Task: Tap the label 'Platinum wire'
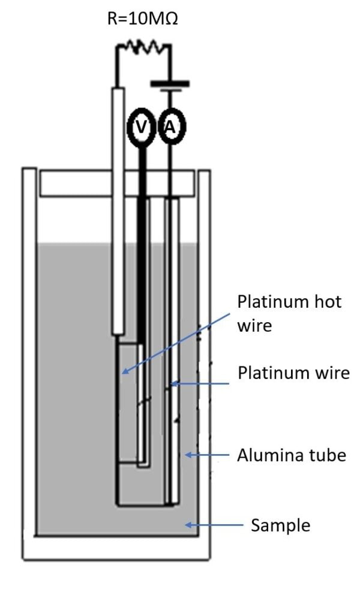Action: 293,372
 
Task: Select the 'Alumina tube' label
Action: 292,455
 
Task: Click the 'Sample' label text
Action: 280,525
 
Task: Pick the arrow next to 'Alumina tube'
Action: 207,455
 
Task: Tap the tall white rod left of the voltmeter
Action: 119,210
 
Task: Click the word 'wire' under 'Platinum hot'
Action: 254,326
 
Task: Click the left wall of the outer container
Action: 29,360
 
